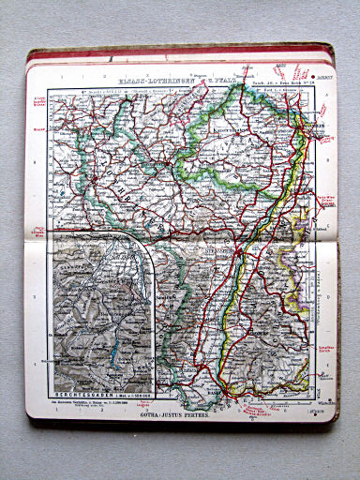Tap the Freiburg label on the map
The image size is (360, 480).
click(x=252, y=330)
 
